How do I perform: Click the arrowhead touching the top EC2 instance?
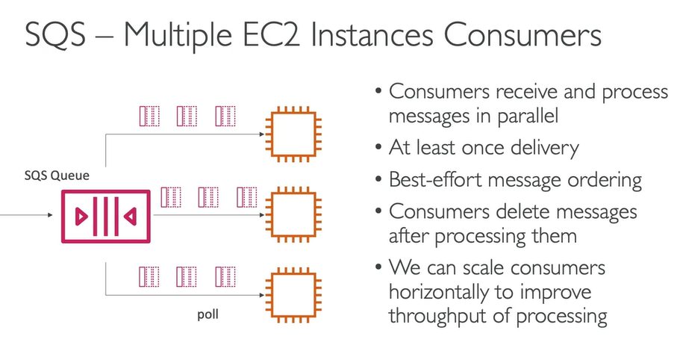tap(262, 134)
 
